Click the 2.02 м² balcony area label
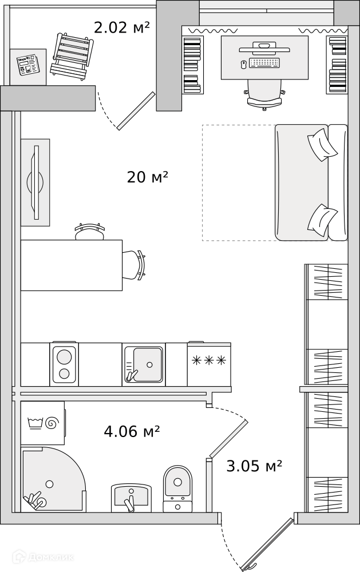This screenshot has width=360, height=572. pos(122,27)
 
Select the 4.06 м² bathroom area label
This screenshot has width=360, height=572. pos(132,431)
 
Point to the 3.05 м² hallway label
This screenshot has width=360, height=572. pos(254,466)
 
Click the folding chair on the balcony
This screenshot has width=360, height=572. pos(72,55)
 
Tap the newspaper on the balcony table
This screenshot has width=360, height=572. pos(27,65)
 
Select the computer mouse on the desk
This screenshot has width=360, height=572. pos(244,65)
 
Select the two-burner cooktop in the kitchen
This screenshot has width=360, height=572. pos(64,364)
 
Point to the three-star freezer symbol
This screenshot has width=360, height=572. pos(209,361)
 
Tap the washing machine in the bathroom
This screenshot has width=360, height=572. pos(43,423)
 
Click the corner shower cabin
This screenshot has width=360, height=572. pos(53,479)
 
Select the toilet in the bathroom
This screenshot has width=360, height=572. pos(177,489)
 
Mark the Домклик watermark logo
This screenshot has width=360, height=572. pos(43,557)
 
